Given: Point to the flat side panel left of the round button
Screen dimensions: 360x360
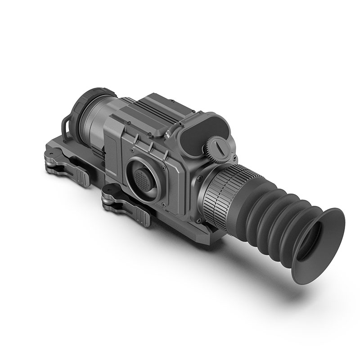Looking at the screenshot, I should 112,148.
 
